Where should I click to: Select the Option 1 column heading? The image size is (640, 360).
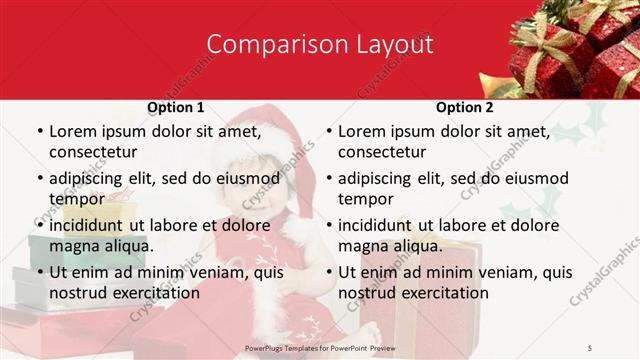(x=176, y=107)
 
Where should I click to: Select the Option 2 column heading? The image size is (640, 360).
(x=465, y=107)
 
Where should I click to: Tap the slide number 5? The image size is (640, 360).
(x=590, y=347)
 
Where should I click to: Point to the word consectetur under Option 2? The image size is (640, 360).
(x=382, y=152)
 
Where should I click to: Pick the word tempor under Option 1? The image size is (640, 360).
(x=77, y=198)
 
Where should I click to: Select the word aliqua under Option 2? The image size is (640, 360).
(x=413, y=245)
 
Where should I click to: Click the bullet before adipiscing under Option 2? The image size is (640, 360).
(x=329, y=179)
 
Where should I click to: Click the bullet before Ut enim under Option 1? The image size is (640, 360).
(x=39, y=273)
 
